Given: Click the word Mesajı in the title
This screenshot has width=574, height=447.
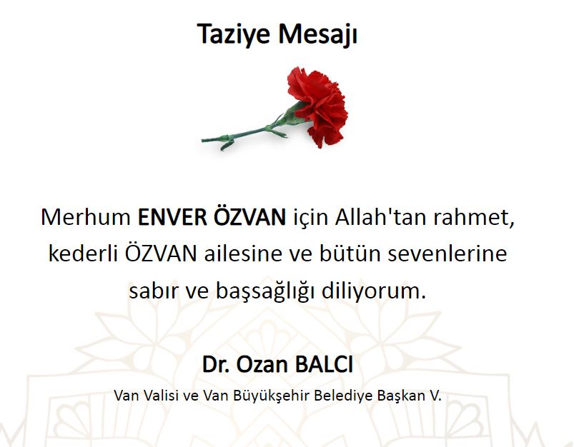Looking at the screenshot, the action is [317, 34].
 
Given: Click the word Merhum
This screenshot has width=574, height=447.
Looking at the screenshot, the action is [86, 217].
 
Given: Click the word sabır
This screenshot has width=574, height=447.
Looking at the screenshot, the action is [154, 291].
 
